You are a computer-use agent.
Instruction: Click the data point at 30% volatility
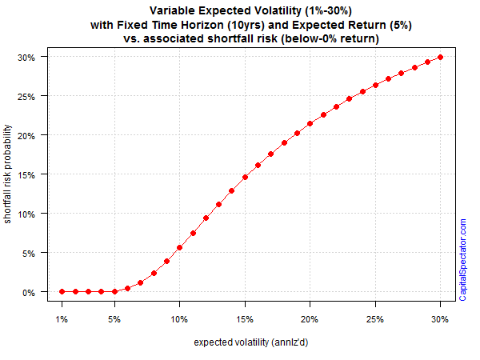point(440,58)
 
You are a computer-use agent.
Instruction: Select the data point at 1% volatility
point(62,291)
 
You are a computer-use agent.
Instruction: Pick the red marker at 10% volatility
point(180,247)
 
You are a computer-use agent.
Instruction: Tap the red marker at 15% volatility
point(245,178)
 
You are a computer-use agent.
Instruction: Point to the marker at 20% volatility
point(310,124)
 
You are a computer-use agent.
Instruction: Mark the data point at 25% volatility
point(375,85)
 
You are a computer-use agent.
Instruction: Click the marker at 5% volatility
point(114,291)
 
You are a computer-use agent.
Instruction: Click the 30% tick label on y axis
point(26,58)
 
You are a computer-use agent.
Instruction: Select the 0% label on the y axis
point(29,293)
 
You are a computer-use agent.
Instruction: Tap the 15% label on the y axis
point(26,175)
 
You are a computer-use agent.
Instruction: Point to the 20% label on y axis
point(26,136)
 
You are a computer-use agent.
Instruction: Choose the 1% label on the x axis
point(62,319)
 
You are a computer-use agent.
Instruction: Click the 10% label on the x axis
point(179,319)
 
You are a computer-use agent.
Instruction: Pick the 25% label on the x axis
point(375,319)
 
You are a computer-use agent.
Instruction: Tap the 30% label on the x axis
point(440,319)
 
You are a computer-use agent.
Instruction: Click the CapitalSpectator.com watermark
point(462,259)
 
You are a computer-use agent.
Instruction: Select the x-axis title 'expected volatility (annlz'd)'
point(251,342)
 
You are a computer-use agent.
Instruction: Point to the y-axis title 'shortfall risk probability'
point(7,174)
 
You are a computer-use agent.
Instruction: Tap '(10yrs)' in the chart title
point(246,25)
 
